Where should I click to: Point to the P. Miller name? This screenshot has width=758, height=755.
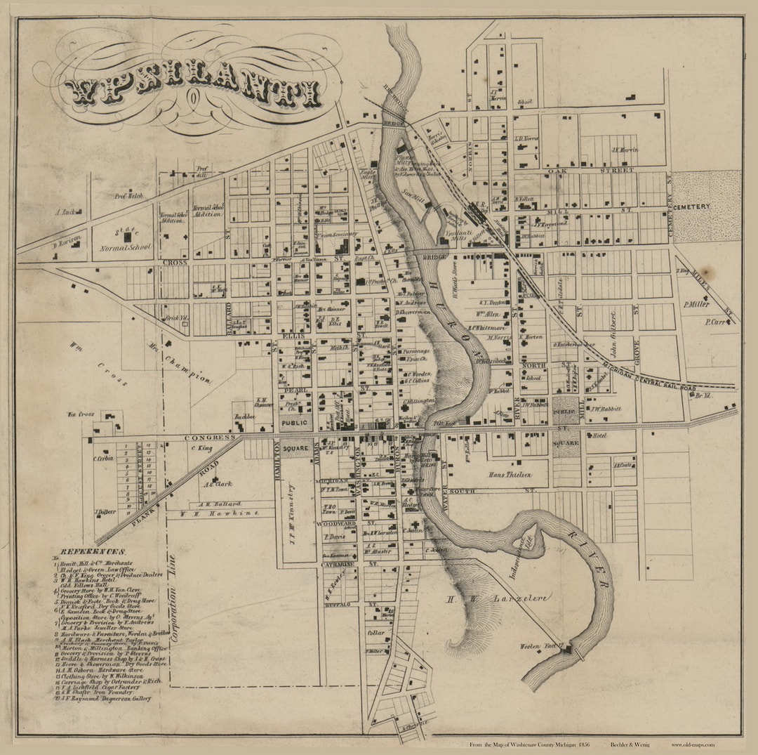(696, 304)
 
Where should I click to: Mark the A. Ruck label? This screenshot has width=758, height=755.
(69, 211)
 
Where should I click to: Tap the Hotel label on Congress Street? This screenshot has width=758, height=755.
(599, 435)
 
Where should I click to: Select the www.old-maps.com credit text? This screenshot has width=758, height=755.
(692, 744)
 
